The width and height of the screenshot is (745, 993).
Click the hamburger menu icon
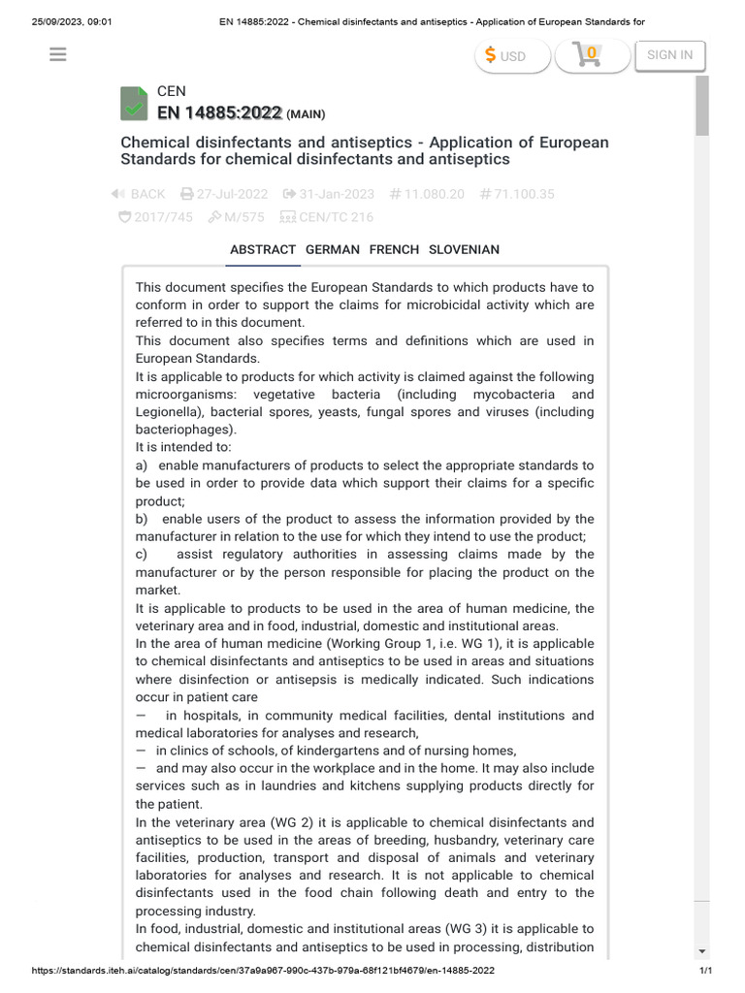[x=57, y=54]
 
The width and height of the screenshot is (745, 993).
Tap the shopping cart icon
[x=586, y=55]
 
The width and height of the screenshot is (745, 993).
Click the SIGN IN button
[x=669, y=54]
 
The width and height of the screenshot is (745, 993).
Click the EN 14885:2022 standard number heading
[x=220, y=112]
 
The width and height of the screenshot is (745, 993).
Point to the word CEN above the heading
[x=172, y=91]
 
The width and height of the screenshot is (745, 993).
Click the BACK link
[x=139, y=194]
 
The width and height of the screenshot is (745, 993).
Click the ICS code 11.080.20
[x=429, y=194]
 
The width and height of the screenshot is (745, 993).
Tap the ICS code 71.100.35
[x=517, y=194]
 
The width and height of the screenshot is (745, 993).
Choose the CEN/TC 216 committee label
[x=326, y=217]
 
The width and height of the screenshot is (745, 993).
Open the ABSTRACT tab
[x=263, y=249]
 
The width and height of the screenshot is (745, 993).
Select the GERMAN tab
[x=333, y=249]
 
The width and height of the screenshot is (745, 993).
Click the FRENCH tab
[x=394, y=249]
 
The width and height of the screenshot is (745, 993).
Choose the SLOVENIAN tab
[x=464, y=249]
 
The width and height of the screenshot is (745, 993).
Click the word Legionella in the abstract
[x=171, y=412]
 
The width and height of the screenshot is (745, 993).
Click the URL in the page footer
[x=264, y=971]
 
